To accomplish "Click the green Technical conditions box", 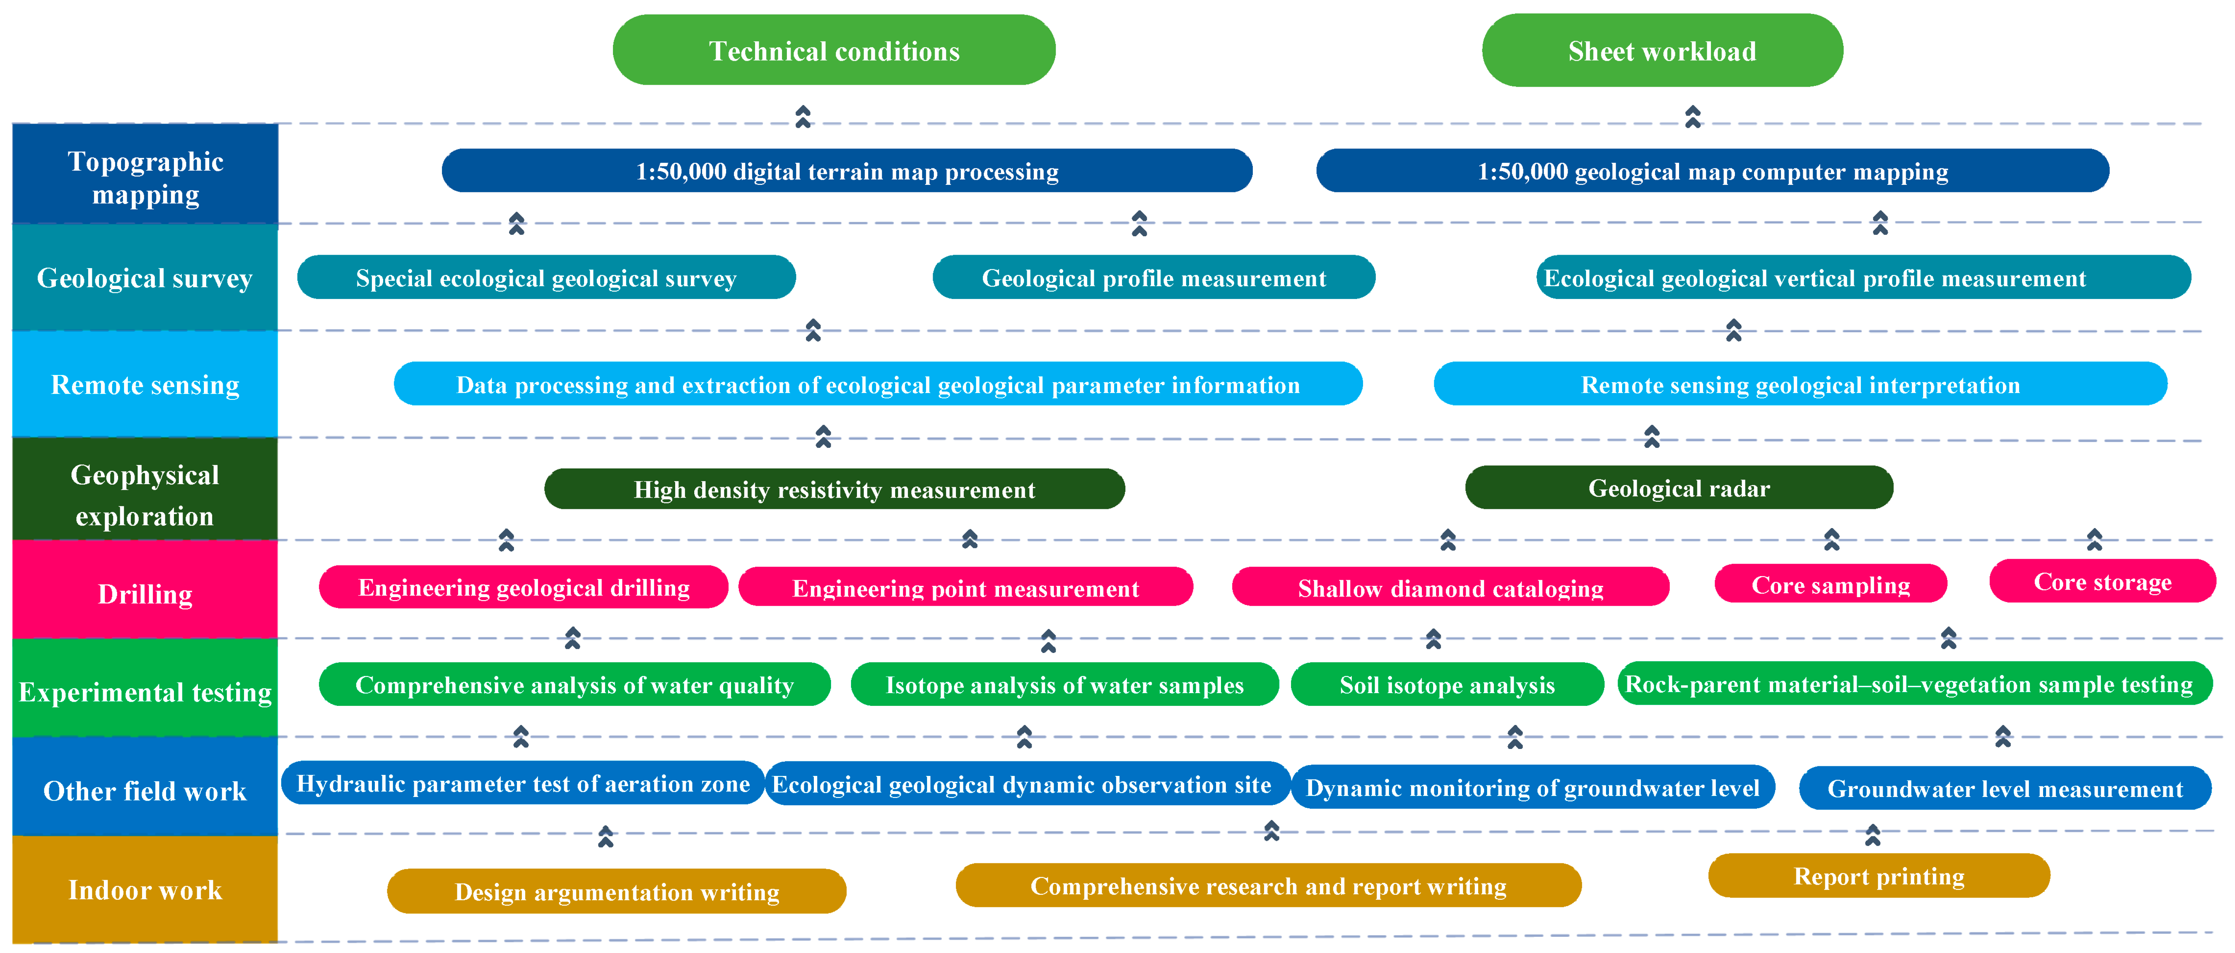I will [x=834, y=50].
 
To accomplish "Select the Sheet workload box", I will [x=1661, y=50].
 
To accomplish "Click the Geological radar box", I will [x=1679, y=488].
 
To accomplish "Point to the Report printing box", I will [x=1878, y=876].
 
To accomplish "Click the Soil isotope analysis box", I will [x=1446, y=685].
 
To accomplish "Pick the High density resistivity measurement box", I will [x=834, y=489].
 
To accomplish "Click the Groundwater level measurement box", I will [x=2004, y=788].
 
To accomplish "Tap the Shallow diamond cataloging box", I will [x=1450, y=588].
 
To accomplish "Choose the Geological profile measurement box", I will [x=1153, y=278].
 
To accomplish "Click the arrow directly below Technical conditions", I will [x=803, y=116].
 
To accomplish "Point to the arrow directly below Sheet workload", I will [x=1692, y=116].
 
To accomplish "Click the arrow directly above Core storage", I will [x=2094, y=539].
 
